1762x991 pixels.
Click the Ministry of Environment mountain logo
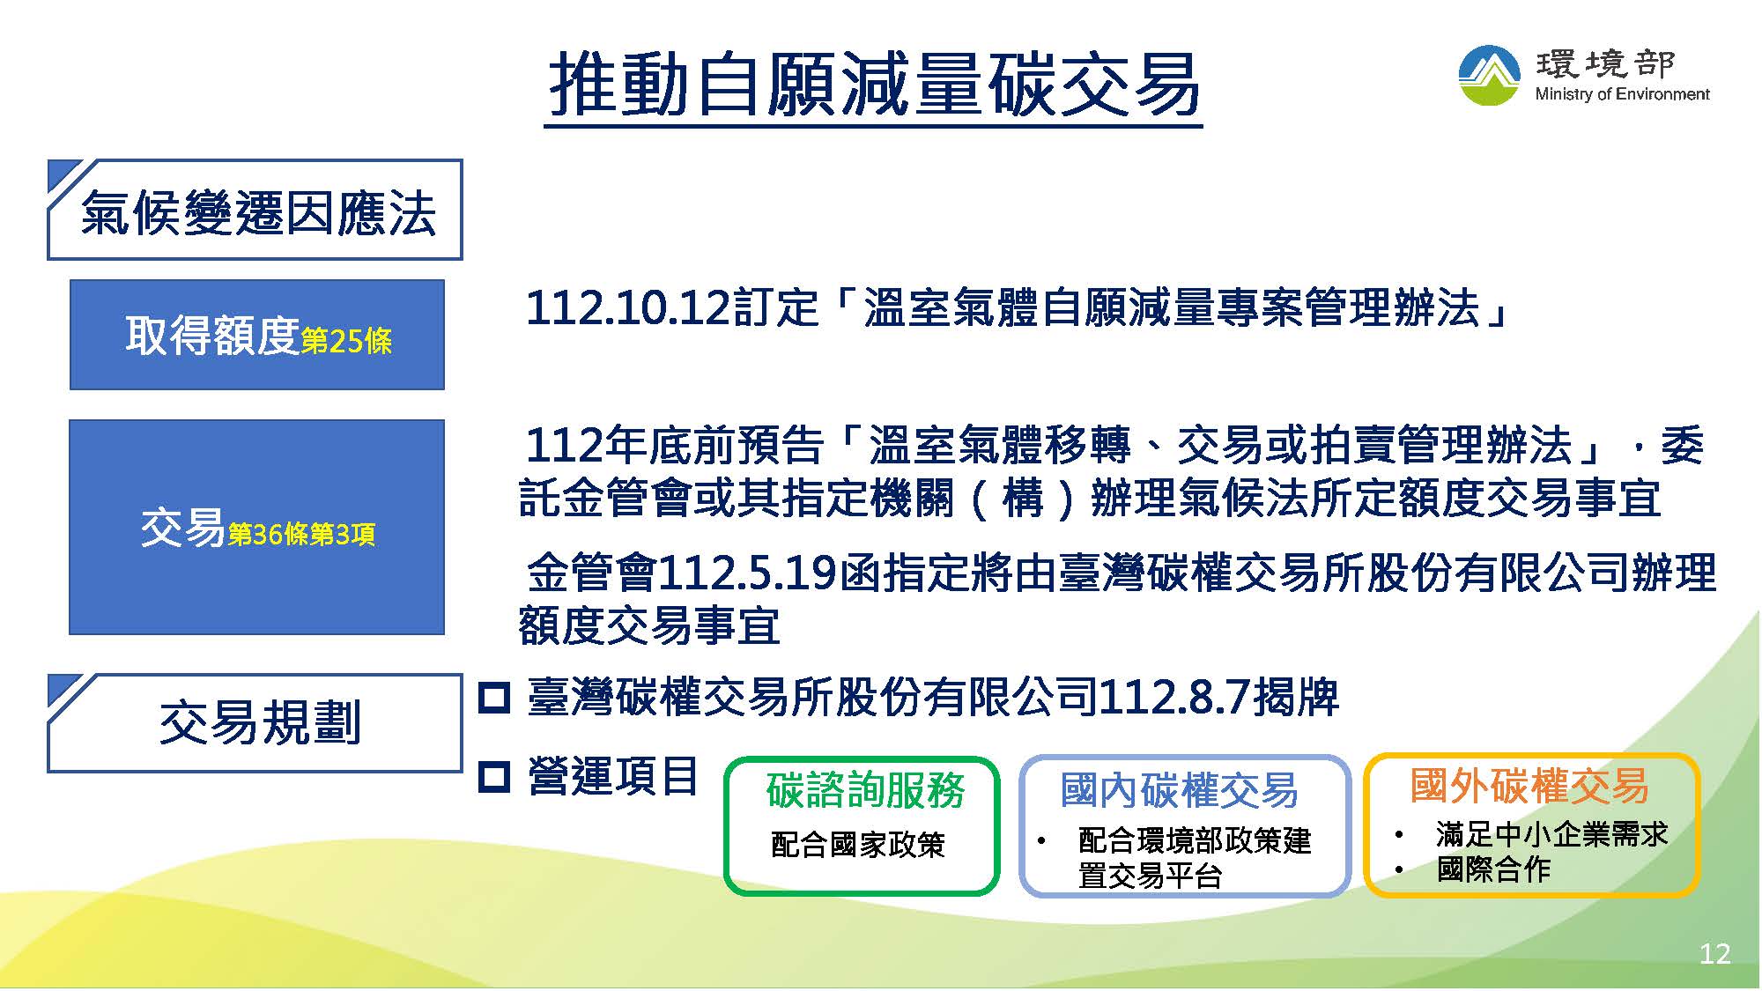tap(1489, 76)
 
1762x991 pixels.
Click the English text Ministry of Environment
tap(1622, 94)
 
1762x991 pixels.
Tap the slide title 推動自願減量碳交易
tap(874, 85)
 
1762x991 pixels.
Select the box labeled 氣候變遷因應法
tap(255, 210)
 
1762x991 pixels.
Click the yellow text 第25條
tap(346, 342)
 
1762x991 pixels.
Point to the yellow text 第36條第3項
tap(301, 535)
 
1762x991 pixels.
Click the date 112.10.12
tap(628, 308)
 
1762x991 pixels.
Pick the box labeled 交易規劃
tap(255, 723)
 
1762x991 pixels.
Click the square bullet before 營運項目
tap(494, 777)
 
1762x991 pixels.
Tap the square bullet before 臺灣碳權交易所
tap(494, 699)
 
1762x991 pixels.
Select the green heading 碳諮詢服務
tap(865, 790)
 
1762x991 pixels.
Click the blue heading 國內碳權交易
tap(1179, 790)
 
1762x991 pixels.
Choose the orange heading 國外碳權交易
tap(1529, 785)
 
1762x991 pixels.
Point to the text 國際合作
tap(1493, 869)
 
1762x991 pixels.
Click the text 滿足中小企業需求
tap(1551, 834)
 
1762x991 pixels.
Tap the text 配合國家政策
tap(857, 845)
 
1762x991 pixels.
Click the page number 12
tap(1714, 954)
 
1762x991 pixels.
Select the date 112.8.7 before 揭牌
tap(1174, 699)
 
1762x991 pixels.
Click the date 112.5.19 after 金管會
tap(748, 574)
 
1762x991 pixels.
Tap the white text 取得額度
tap(212, 336)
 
